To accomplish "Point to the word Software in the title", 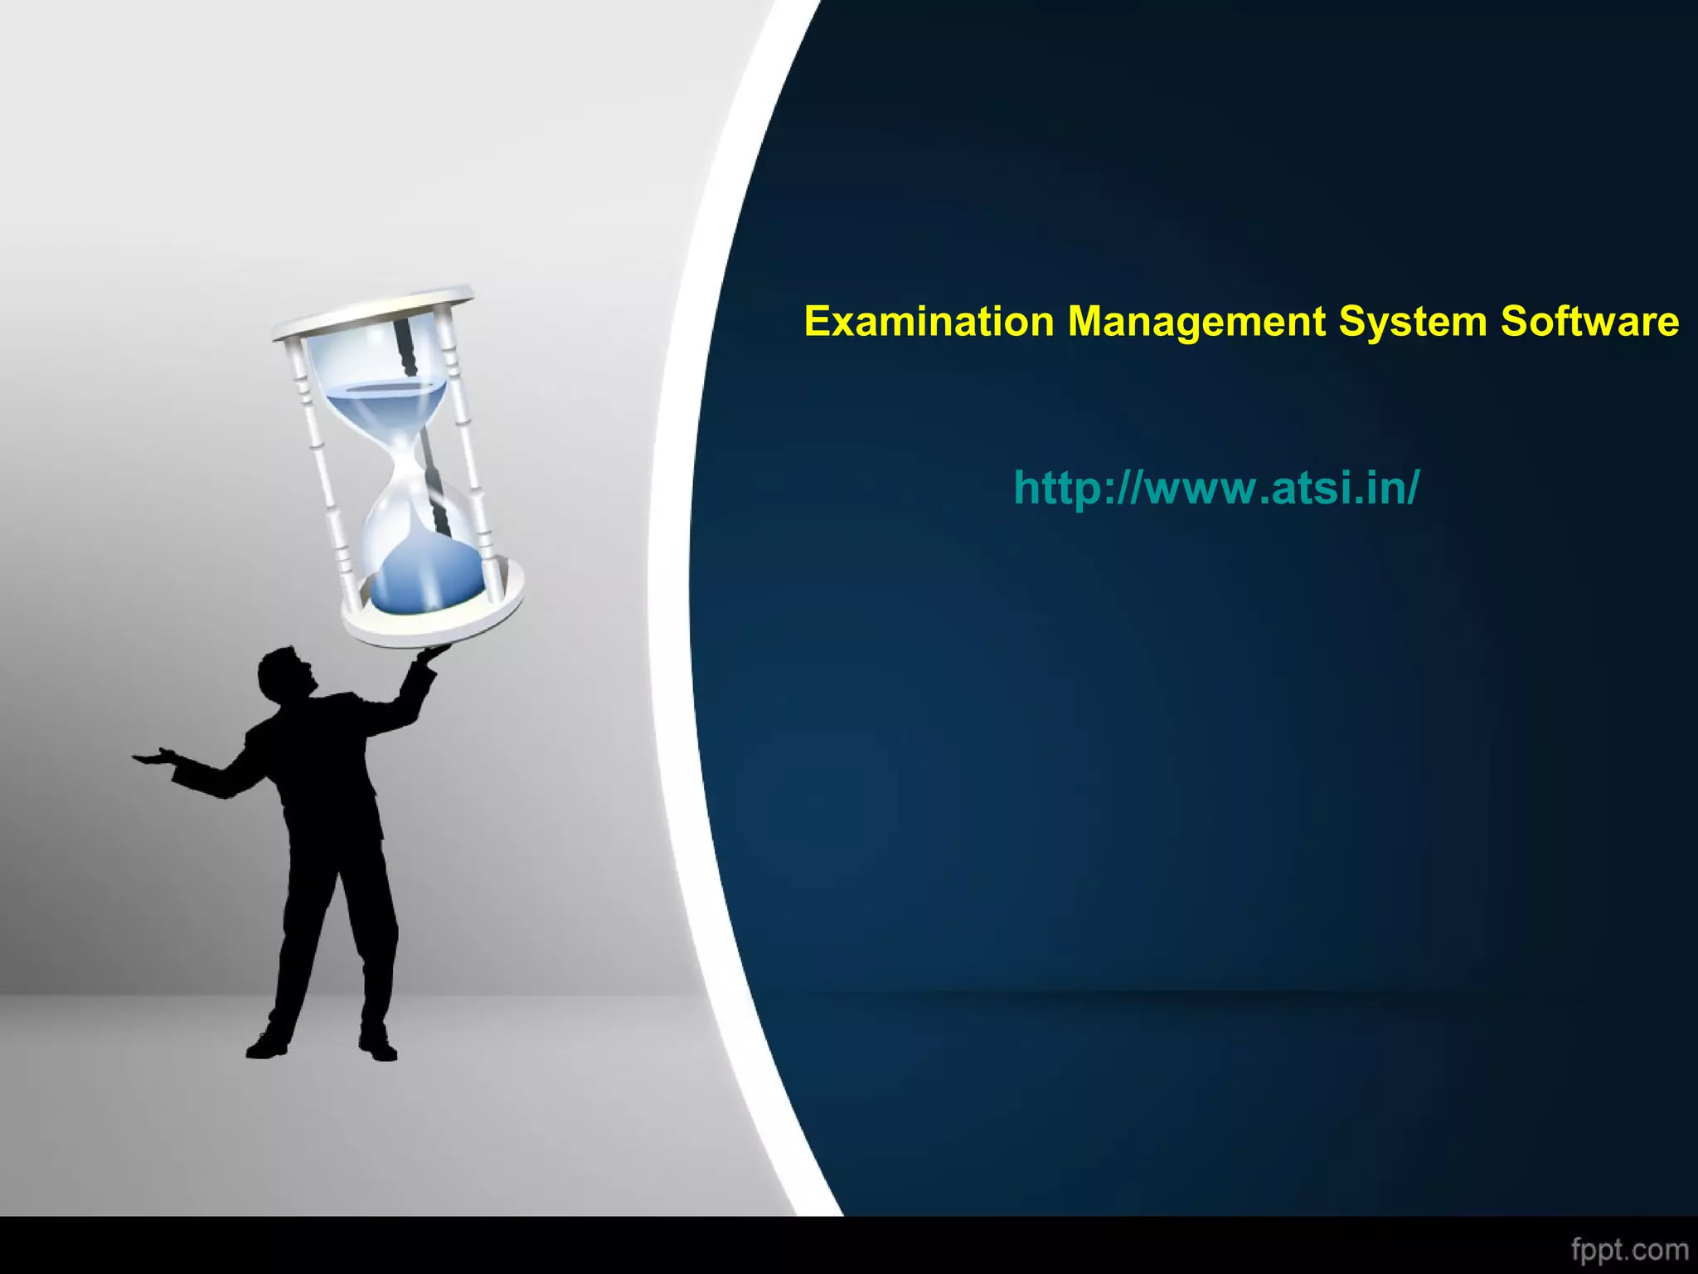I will pos(1589,322).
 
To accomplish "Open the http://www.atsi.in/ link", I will pos(1216,488).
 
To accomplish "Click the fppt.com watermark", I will pos(1629,1249).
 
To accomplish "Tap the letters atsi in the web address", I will pos(1310,488).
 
